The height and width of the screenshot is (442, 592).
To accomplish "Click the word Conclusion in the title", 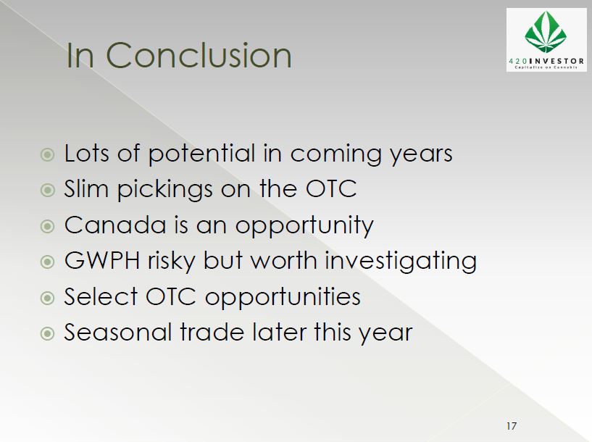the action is point(199,55).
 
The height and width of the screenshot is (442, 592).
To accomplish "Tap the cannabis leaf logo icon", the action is point(546,32).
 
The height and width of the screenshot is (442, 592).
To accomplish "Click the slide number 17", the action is point(512,426).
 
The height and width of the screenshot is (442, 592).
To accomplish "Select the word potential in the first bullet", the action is point(201,154).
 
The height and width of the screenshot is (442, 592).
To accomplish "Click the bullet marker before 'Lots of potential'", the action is point(47,154).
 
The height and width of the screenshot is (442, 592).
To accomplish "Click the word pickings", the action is point(165,190).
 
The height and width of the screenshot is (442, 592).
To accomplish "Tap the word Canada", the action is point(115,225).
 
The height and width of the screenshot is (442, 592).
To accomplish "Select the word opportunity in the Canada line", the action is point(304,227).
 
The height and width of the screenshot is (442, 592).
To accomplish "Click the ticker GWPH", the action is point(102,260).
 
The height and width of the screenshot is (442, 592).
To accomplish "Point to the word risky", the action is point(172,262).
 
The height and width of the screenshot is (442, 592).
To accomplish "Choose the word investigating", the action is point(401,262).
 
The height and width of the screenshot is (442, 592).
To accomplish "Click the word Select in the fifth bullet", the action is point(101,296).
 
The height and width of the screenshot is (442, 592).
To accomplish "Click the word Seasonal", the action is point(117,332).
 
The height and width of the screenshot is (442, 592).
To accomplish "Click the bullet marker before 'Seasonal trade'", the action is point(47,333).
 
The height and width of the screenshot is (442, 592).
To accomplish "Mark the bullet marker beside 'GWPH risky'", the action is point(47,262).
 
